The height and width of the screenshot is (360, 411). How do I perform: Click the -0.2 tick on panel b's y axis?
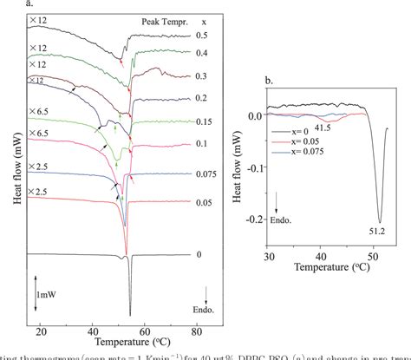tap(253, 219)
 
